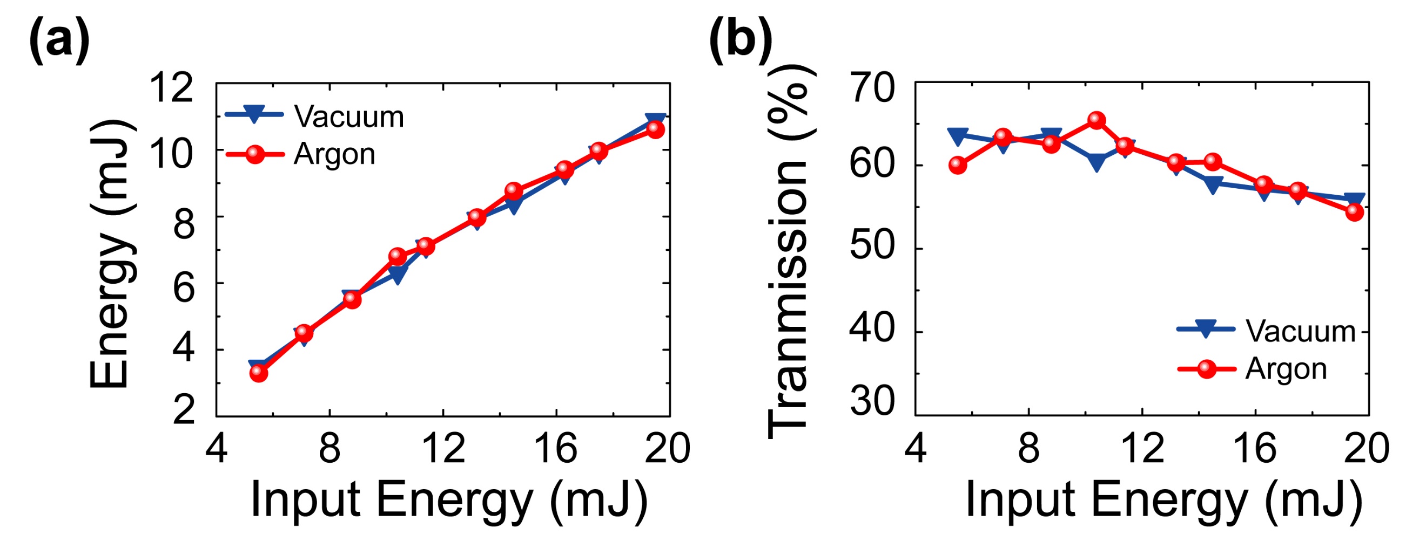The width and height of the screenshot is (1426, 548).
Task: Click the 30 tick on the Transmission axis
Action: tap(872, 400)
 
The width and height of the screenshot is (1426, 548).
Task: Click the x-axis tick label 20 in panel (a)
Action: tap(668, 448)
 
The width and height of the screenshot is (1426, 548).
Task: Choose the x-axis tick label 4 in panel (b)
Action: tap(916, 448)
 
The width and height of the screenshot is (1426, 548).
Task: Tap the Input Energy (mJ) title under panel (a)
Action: tap(449, 499)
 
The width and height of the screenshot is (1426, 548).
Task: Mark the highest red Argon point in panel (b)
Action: tap(1097, 120)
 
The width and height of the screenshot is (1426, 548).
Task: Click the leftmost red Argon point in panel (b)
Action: tap(958, 165)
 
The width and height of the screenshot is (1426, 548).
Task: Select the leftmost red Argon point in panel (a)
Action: tap(259, 373)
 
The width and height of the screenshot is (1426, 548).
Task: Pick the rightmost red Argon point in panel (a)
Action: tap(655, 129)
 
